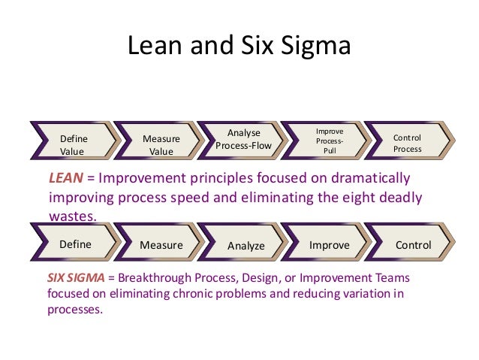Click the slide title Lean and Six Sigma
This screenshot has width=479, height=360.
(x=239, y=46)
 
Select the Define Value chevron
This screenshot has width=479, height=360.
(x=74, y=144)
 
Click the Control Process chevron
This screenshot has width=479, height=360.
(x=408, y=144)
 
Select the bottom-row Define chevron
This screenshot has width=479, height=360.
(x=75, y=244)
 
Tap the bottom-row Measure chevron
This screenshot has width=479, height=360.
(x=161, y=245)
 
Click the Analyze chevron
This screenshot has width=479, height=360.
(x=246, y=246)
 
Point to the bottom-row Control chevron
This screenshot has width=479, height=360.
(x=413, y=245)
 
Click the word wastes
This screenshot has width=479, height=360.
(x=73, y=215)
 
